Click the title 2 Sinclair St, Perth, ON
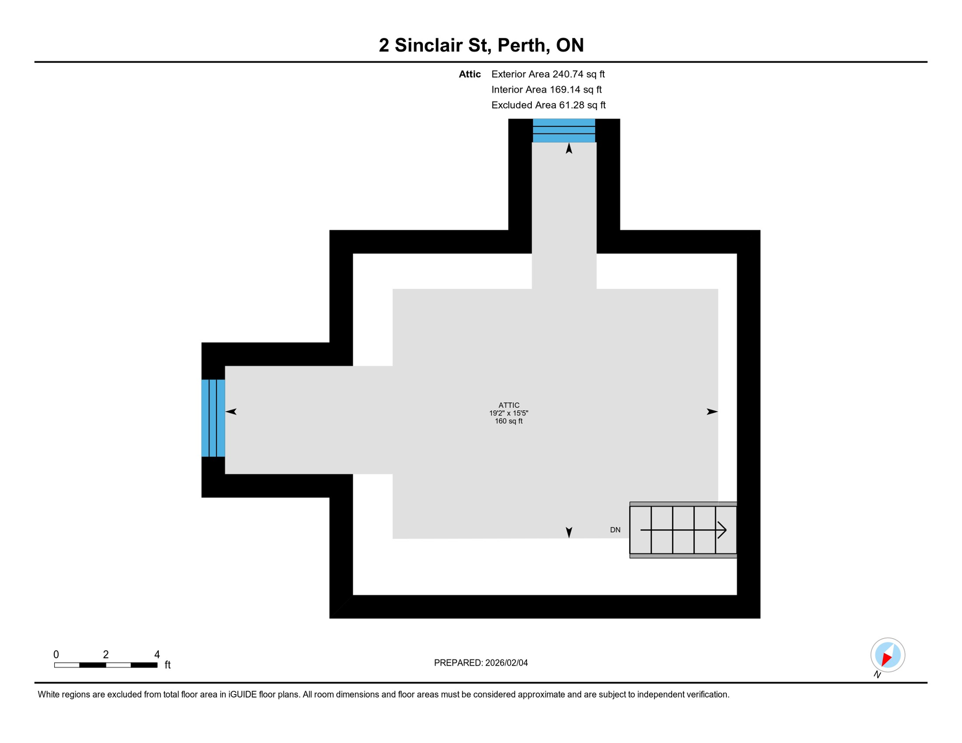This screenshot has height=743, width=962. click(x=481, y=45)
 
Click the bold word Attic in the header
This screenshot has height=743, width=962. click(x=469, y=74)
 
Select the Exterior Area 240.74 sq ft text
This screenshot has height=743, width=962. click(x=548, y=74)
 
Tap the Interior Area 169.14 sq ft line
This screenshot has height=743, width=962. click(x=546, y=89)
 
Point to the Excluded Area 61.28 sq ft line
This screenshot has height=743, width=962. click(x=548, y=105)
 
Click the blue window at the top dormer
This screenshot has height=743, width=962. click(x=564, y=130)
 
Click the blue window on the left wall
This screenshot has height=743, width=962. click(x=213, y=418)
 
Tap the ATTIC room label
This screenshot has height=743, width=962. click(x=509, y=405)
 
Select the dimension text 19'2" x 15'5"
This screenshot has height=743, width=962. click(x=509, y=413)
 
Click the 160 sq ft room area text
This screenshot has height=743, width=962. click(x=509, y=421)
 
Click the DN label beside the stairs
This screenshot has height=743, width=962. click(x=615, y=530)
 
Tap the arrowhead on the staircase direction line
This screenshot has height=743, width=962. click(x=722, y=530)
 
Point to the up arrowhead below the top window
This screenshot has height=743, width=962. click(x=569, y=149)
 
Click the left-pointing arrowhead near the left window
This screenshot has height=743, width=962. click(x=231, y=412)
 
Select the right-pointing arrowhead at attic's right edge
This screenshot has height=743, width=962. click(x=712, y=412)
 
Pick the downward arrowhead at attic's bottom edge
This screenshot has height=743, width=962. click(x=569, y=533)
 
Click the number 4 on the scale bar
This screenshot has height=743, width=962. click(x=157, y=654)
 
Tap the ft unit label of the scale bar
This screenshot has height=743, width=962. click(x=167, y=665)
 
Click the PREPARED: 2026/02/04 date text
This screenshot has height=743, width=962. click(x=481, y=663)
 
